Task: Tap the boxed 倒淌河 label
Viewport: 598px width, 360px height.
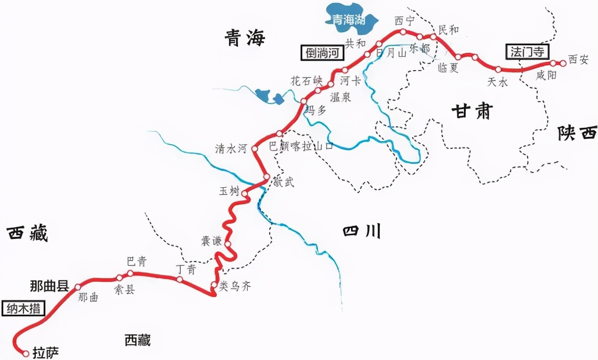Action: pyautogui.click(x=322, y=52)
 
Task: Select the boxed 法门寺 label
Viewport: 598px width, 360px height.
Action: pyautogui.click(x=527, y=51)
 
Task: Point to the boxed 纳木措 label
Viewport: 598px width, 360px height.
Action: pyautogui.click(x=24, y=309)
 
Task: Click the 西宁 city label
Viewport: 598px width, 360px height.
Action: pyautogui.click(x=405, y=21)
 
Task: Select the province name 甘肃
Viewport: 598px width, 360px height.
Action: pyautogui.click(x=472, y=112)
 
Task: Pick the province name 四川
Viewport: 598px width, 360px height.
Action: pyautogui.click(x=362, y=231)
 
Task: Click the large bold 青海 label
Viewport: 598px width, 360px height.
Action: pyautogui.click(x=244, y=38)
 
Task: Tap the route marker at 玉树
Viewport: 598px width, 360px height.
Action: pyautogui.click(x=244, y=193)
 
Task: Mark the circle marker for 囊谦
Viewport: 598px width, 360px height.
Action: pyautogui.click(x=228, y=244)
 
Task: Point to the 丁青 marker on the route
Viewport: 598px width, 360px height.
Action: pyautogui.click(x=179, y=280)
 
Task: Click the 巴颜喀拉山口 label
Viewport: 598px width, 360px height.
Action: pyautogui.click(x=301, y=146)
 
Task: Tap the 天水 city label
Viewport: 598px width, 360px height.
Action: pyautogui.click(x=497, y=82)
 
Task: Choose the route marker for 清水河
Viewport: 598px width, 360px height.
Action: pyautogui.click(x=255, y=149)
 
